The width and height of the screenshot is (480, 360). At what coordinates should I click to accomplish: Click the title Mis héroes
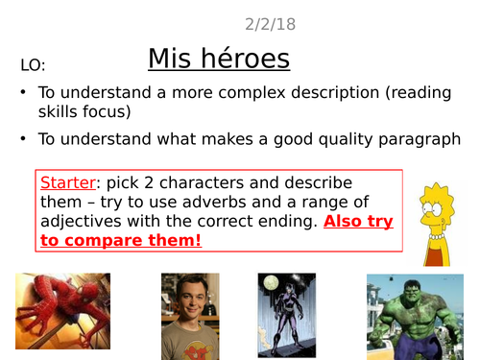pos(219,60)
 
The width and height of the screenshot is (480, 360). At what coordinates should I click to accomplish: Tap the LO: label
pos(33,66)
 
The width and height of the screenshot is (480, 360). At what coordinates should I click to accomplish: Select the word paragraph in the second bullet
pos(416,139)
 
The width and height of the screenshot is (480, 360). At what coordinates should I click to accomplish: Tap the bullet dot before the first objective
pos(22,94)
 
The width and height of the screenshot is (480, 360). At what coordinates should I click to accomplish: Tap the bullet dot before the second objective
pos(22,139)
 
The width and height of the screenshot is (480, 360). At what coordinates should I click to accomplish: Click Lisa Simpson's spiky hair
pos(437,188)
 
